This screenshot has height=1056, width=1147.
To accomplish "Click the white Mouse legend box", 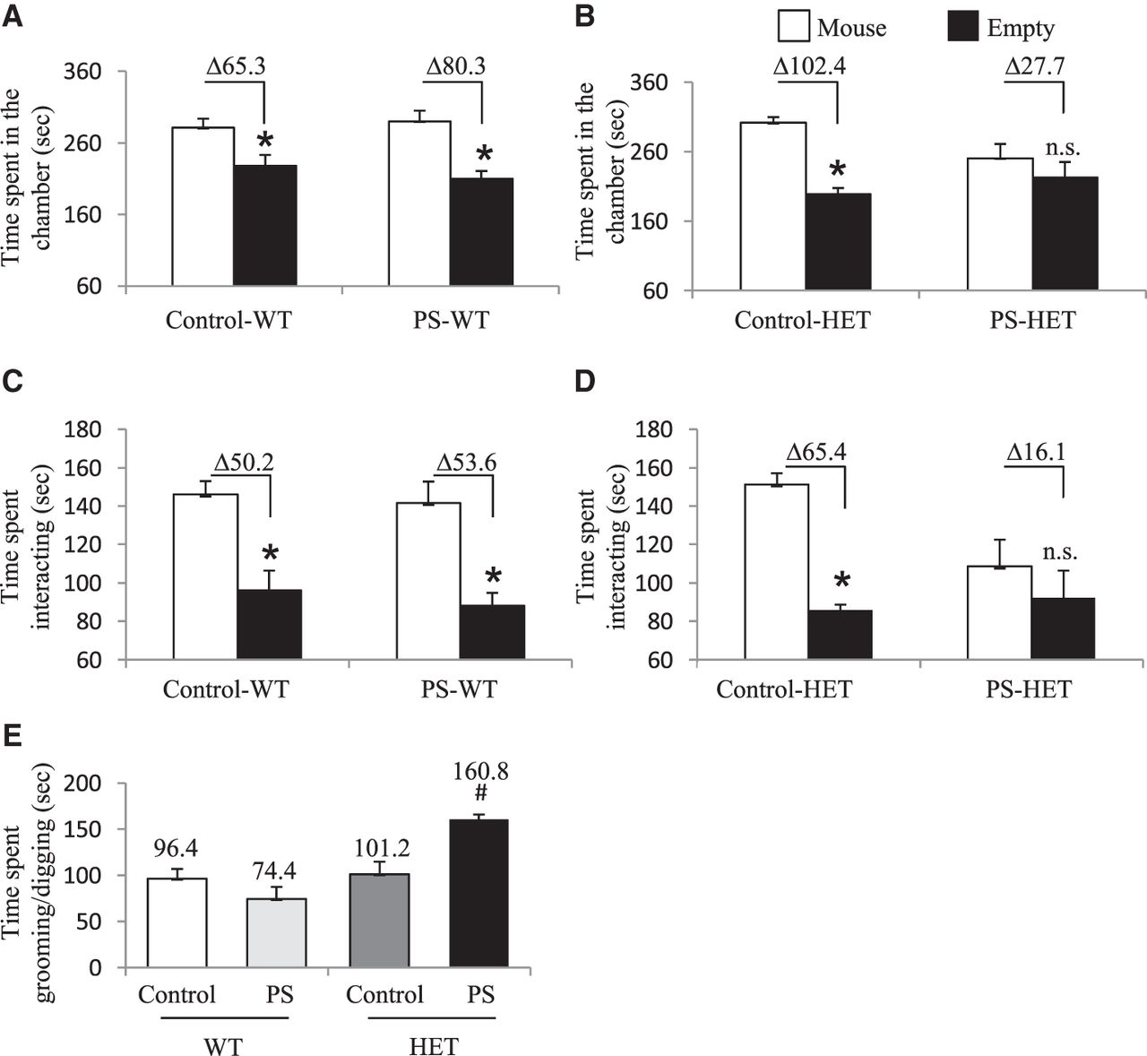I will point(793,27).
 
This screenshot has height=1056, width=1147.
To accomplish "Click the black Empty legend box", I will point(963,27).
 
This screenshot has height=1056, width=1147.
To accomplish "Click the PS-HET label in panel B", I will point(1032,320).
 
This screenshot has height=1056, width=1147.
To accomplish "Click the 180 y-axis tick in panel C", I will point(88,429).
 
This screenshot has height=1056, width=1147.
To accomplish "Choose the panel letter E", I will point(13,736).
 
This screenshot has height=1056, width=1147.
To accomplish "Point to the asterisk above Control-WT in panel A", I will point(264,141).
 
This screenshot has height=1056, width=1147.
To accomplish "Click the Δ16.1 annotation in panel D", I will point(1033,449).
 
